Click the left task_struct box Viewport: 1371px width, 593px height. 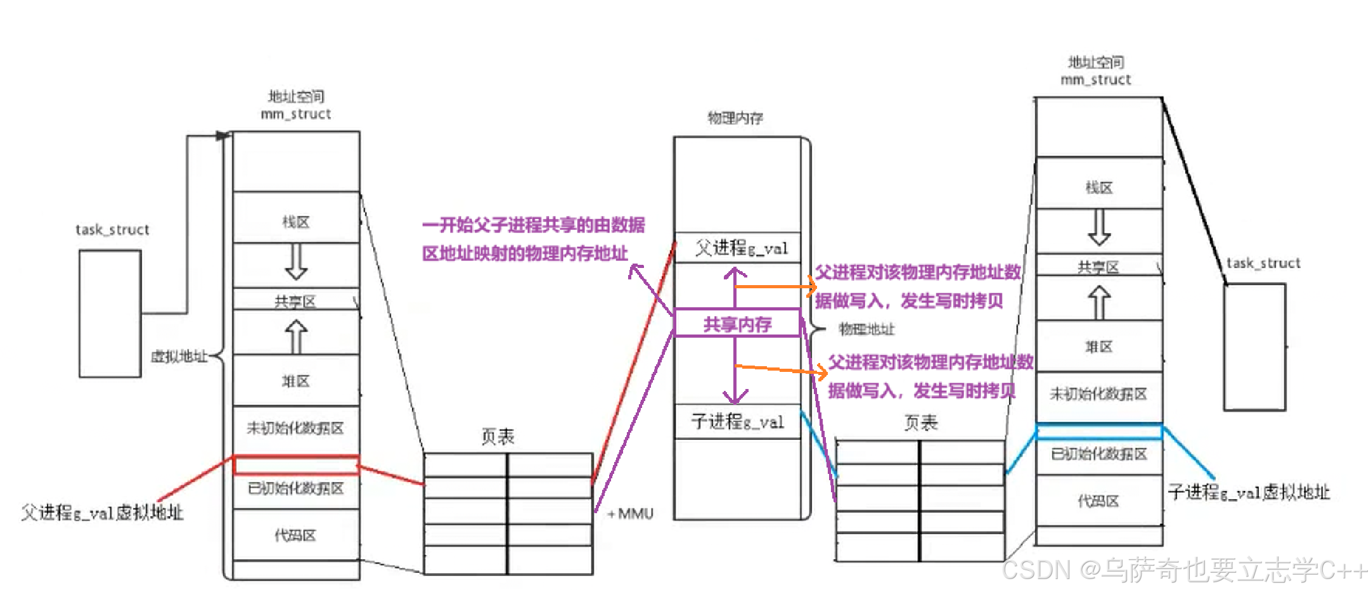point(110,314)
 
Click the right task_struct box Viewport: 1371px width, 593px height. point(1254,347)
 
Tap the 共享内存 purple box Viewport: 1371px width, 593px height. point(737,324)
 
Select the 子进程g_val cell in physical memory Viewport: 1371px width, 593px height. point(737,421)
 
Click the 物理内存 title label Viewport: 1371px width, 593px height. point(735,118)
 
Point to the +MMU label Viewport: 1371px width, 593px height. point(630,514)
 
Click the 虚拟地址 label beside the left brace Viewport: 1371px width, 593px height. point(179,357)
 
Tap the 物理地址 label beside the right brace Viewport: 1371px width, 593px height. point(866,329)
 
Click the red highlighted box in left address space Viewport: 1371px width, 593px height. point(296,465)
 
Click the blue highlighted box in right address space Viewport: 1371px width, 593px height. point(1099,432)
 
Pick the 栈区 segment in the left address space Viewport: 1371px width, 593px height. point(296,222)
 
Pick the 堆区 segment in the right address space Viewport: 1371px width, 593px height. point(1099,347)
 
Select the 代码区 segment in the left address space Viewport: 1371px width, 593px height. point(296,535)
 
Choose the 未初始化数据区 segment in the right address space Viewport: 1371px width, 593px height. point(1099,394)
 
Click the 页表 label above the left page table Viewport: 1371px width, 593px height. point(498,437)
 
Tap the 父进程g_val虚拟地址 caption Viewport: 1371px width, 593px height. point(102,513)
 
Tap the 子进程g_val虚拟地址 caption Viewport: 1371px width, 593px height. point(1249,492)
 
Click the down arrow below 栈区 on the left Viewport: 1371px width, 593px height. point(296,262)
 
